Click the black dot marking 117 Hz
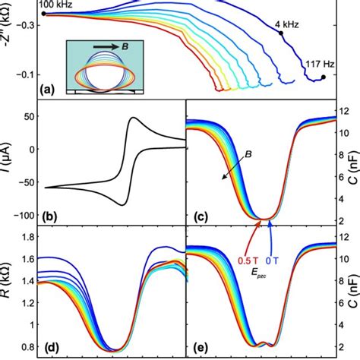(323, 77)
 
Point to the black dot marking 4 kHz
(280, 33)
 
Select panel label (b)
(49, 216)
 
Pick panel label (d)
(49, 349)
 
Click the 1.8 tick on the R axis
(30, 237)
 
